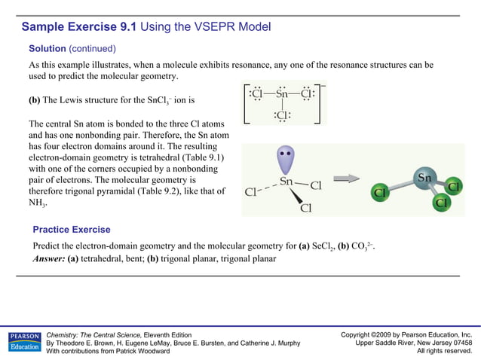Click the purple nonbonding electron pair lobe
286,161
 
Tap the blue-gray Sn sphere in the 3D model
424,179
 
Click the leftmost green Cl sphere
381,194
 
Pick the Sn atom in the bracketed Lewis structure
281,94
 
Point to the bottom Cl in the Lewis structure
281,114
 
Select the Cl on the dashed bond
252,192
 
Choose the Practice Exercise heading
72,230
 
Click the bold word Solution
47,48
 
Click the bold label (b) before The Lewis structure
35,100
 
